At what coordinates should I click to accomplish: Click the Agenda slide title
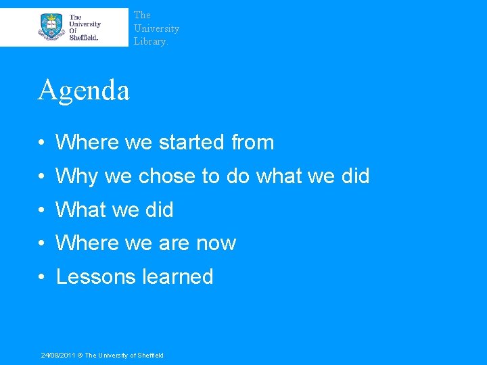click(83, 90)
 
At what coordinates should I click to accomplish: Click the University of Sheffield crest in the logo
click(51, 26)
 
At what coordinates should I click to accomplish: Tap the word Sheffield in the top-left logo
click(84, 38)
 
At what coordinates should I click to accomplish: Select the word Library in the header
click(149, 42)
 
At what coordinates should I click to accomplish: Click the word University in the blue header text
click(156, 28)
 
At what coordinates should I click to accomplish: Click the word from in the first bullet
click(252, 143)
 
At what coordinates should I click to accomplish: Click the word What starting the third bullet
click(80, 210)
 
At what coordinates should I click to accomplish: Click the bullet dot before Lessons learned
click(42, 278)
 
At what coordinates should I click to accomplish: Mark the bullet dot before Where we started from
click(42, 143)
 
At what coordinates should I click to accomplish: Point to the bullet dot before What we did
click(42, 211)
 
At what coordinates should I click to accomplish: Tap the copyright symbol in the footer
click(79, 356)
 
